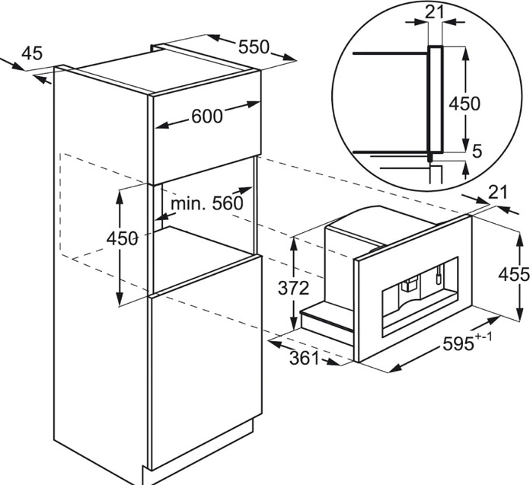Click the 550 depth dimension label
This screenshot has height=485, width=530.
click(254, 47)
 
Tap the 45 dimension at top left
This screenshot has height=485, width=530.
click(32, 53)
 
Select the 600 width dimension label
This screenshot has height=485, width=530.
click(207, 116)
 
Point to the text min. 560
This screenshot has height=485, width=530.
click(207, 203)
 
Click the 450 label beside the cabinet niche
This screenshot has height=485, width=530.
click(122, 238)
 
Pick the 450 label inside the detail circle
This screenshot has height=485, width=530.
click(465, 104)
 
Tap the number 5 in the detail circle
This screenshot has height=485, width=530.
click(477, 152)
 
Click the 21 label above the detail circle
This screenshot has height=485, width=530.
click(434, 12)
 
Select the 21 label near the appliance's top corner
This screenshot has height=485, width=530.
click(498, 193)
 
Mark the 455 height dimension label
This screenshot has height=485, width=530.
click(514, 274)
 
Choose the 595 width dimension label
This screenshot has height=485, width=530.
click(458, 344)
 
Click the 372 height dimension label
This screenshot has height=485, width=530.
click(293, 289)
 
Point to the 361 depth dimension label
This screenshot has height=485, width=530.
click(304, 359)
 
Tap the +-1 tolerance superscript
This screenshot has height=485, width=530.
click(484, 337)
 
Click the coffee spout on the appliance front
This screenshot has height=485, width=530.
click(409, 283)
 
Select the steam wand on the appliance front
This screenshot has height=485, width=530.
click(439, 274)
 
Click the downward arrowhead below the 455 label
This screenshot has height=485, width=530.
click(518, 314)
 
